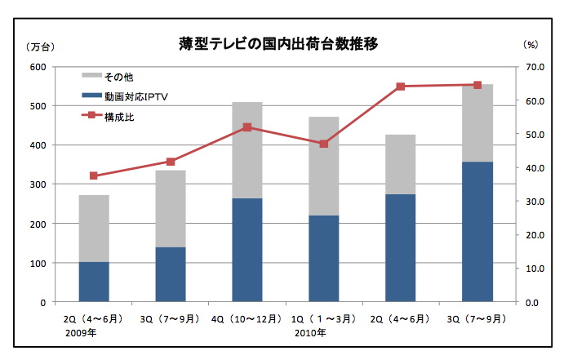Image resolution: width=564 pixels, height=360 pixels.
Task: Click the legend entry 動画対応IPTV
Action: tap(135, 96)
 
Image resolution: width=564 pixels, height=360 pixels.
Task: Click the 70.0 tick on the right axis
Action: tap(535, 67)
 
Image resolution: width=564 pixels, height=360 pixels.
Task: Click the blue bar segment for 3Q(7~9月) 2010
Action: tap(477, 232)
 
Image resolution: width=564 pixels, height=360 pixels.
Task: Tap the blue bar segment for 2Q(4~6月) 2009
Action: tap(94, 282)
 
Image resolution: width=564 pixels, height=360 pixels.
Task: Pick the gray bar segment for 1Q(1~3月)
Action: tap(323, 166)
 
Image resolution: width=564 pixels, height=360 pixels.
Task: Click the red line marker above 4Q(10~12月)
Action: tap(247, 127)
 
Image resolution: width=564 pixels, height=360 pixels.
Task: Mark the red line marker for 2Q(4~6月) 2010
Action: tap(400, 87)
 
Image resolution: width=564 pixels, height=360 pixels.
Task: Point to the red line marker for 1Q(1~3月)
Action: tap(323, 144)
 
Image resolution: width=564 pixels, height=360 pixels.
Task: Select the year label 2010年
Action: tap(310, 332)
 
